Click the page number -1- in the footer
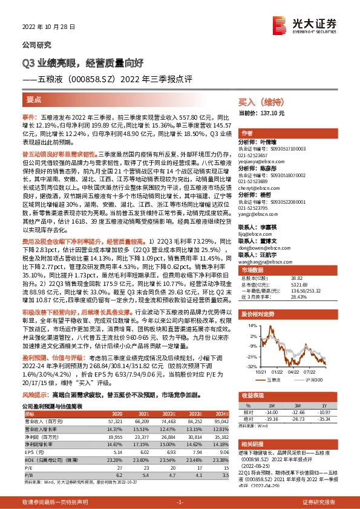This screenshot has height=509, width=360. click(180, 502)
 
